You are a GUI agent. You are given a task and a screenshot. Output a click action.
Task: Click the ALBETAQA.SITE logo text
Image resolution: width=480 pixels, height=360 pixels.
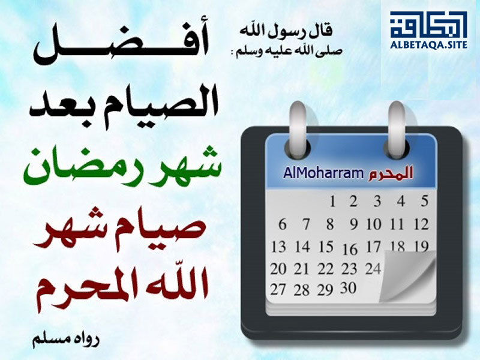(428, 44)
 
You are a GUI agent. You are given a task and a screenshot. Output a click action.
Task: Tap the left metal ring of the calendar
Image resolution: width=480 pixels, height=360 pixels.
(298, 129)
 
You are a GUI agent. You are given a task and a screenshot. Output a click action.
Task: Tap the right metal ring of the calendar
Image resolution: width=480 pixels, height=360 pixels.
(397, 129)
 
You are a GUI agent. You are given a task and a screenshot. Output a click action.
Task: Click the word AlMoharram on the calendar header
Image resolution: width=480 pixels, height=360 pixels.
(323, 173)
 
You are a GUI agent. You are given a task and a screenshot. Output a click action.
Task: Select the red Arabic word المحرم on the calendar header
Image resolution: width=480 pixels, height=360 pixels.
(391, 173)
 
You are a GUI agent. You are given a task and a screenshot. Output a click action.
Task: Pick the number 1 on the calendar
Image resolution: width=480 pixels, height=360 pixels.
(332, 202)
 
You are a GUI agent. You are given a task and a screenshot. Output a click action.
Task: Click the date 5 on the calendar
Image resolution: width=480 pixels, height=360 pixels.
(424, 201)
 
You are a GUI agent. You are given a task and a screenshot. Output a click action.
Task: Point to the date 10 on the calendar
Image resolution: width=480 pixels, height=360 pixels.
(374, 224)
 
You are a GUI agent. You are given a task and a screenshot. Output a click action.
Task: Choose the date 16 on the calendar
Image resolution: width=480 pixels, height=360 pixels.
(350, 250)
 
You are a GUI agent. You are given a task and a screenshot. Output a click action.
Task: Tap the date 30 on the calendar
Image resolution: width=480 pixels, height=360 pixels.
(349, 288)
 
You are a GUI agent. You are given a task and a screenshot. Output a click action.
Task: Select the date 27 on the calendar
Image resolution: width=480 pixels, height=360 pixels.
(278, 289)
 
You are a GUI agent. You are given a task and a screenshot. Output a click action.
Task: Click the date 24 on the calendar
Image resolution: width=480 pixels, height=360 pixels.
(373, 269)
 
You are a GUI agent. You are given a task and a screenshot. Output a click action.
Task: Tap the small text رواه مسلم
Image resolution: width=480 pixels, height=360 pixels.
(66, 340)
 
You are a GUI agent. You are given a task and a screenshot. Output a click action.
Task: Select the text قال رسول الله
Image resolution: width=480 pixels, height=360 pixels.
(286, 31)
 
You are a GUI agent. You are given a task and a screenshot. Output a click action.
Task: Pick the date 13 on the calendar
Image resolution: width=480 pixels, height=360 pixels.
(278, 247)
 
